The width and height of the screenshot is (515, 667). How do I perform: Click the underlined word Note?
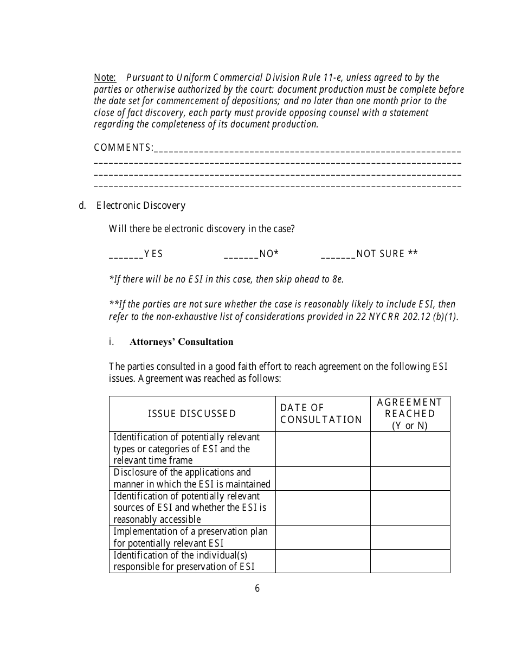(x=105, y=78)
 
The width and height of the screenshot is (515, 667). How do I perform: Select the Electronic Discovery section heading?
(x=141, y=206)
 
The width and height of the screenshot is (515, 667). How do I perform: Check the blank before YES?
(x=126, y=254)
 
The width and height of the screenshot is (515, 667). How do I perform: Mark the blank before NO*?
(x=241, y=254)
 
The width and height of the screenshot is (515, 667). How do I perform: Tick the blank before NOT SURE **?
(x=338, y=254)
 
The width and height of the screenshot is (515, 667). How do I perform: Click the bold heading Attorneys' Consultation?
(x=181, y=342)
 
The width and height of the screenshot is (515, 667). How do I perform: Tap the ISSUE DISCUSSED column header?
(x=192, y=414)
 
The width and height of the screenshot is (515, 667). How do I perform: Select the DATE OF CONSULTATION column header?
(x=321, y=414)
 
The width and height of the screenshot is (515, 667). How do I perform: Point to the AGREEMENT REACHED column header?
(x=410, y=414)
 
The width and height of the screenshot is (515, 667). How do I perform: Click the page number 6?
(x=257, y=588)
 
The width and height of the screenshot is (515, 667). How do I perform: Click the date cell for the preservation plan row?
(x=323, y=537)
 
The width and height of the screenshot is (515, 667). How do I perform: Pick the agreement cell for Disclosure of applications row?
(x=410, y=478)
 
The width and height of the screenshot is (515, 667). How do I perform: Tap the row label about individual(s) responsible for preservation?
(x=184, y=561)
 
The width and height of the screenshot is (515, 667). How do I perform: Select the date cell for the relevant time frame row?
(x=323, y=449)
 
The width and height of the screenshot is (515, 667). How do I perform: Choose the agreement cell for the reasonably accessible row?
(x=410, y=508)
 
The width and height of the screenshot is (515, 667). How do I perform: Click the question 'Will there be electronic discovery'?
(x=202, y=229)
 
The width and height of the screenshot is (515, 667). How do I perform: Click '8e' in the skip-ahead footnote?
(x=337, y=280)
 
